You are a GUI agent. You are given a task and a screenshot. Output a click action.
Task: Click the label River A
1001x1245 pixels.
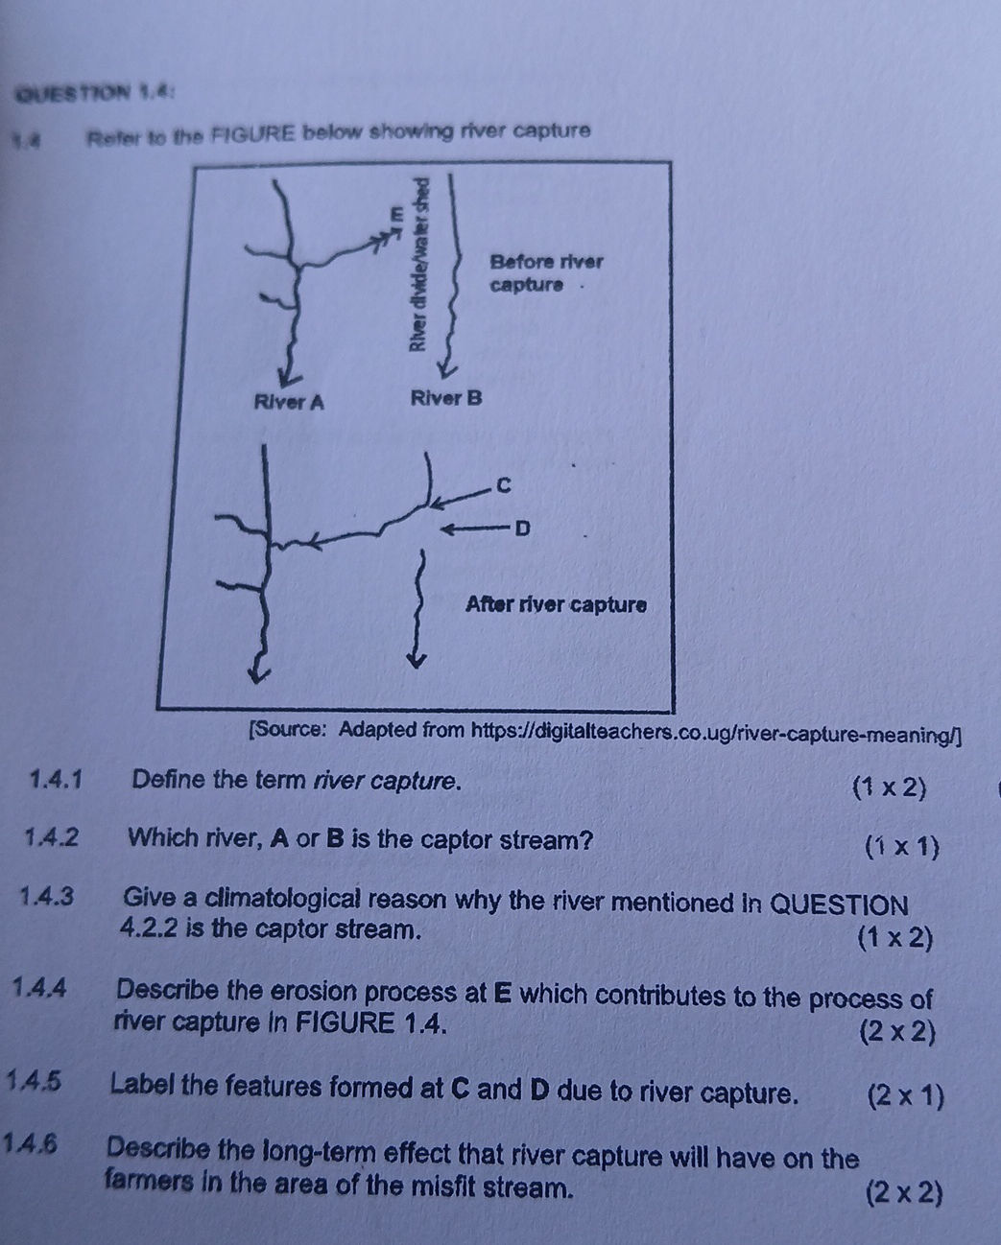288,401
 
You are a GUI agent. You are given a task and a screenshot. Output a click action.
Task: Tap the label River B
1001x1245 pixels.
444,397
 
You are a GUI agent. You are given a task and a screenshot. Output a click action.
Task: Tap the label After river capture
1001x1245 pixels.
555,605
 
